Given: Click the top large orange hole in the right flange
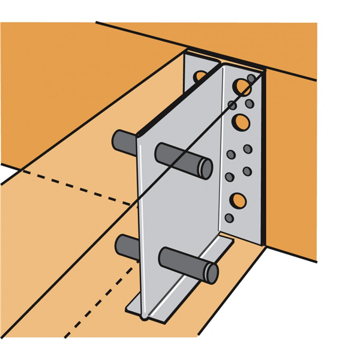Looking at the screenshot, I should tap(242, 88).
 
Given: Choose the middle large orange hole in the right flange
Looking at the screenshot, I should tap(241, 122).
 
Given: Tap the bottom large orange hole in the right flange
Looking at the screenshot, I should tap(238, 200).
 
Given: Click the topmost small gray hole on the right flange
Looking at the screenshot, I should tap(251, 78).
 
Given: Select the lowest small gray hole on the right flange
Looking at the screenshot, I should tap(229, 218).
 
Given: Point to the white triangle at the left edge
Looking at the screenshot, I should tap(8, 174).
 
